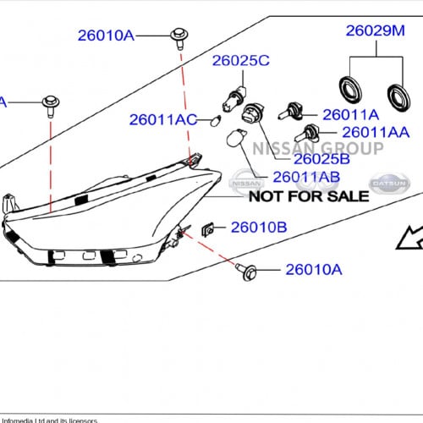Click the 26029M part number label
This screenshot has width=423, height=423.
pos(376,32)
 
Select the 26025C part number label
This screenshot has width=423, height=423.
pos(240,60)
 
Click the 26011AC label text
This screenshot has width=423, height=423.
pos(163,120)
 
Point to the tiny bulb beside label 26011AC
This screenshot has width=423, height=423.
pos(215,123)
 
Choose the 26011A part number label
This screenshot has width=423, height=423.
pos(350,114)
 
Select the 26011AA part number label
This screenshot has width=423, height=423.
pos(376,133)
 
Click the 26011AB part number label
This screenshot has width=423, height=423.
pos(306,177)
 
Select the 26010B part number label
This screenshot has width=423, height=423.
pos(259,227)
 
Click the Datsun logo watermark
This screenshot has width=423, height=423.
pos(389,183)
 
